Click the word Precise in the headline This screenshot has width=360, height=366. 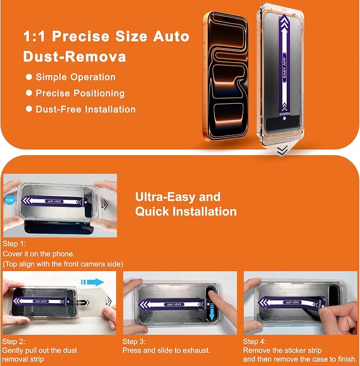(81, 37)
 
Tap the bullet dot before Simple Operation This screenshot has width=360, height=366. (29, 77)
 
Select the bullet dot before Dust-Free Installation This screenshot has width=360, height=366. (29, 109)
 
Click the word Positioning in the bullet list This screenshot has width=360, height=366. (99, 93)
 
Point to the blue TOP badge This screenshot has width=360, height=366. (10, 200)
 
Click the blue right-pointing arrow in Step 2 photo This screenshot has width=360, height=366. (92, 282)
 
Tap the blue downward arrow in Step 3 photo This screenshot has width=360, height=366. (212, 312)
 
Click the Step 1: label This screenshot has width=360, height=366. (14, 244)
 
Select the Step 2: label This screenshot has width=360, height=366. (14, 342)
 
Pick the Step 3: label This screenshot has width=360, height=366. (134, 342)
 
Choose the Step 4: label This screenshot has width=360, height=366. (254, 342)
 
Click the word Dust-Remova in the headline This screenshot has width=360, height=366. (75, 57)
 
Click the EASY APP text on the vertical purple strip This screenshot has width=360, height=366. (284, 68)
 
